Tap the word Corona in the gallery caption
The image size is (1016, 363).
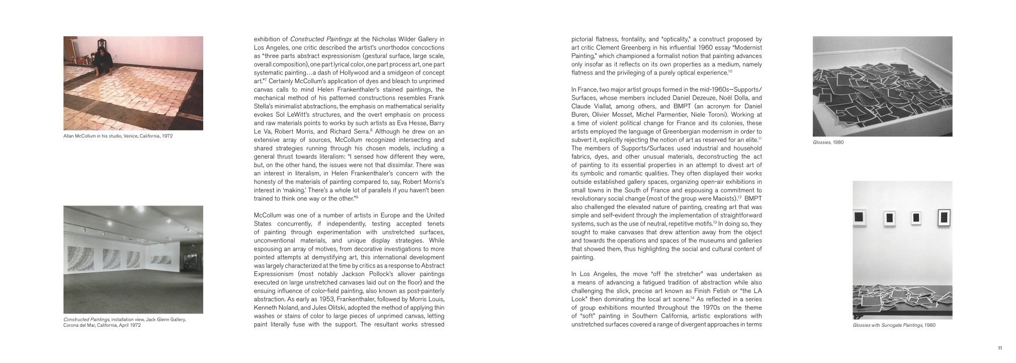(70, 325)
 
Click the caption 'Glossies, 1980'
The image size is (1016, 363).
(828, 142)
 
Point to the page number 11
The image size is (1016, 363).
(1000, 348)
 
